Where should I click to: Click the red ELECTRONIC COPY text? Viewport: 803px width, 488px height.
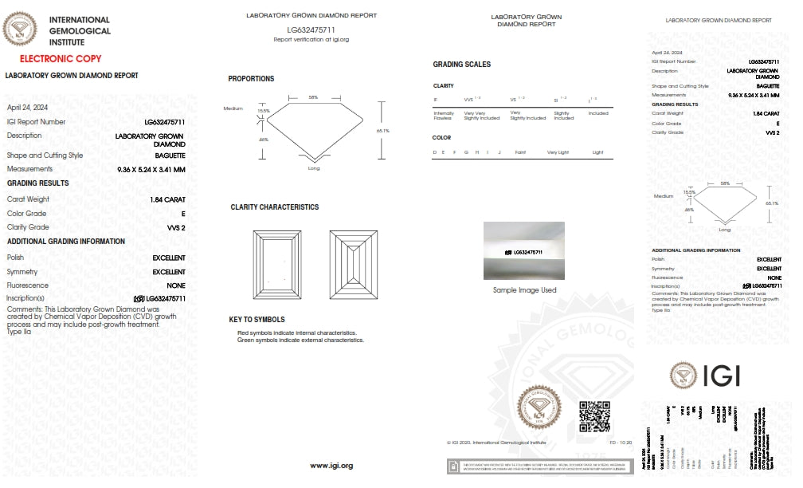click(x=61, y=59)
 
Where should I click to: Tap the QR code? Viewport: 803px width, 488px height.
click(x=593, y=416)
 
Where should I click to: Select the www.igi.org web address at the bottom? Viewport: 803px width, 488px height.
click(x=331, y=466)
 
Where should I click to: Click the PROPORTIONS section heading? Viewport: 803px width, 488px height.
click(x=251, y=79)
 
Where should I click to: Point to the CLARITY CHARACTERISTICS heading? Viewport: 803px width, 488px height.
click(x=274, y=207)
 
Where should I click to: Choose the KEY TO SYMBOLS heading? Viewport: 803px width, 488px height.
click(x=257, y=320)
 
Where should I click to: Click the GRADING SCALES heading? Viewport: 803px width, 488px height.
click(x=461, y=65)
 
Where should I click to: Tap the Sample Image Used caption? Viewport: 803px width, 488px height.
click(x=524, y=290)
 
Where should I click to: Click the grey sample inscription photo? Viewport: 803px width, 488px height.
click(x=524, y=250)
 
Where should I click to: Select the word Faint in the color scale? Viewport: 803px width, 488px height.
click(x=520, y=152)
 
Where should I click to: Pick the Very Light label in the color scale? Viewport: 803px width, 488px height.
click(x=558, y=152)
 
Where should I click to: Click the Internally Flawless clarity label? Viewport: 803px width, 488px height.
click(x=444, y=116)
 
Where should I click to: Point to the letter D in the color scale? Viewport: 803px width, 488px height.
click(x=435, y=152)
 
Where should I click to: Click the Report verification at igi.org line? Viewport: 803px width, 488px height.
click(x=311, y=39)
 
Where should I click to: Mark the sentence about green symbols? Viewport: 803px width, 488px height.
click(x=300, y=340)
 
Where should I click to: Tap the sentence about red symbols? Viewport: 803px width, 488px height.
click(x=296, y=333)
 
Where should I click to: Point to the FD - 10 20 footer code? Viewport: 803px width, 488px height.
click(x=621, y=441)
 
